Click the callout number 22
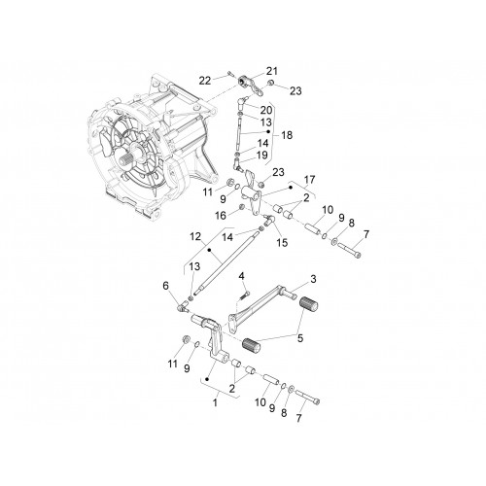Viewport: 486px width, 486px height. coord(205,81)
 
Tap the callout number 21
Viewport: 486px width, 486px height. coord(272,71)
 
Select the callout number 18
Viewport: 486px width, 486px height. coord(287,135)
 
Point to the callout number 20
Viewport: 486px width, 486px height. coord(266,110)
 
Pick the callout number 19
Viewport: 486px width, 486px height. coord(261,155)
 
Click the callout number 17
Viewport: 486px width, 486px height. coord(309,180)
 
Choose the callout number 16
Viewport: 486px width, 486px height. coord(221,216)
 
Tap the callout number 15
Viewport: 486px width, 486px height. coord(282,242)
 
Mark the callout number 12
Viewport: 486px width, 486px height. coord(195,236)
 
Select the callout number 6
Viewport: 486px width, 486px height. coord(165,286)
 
